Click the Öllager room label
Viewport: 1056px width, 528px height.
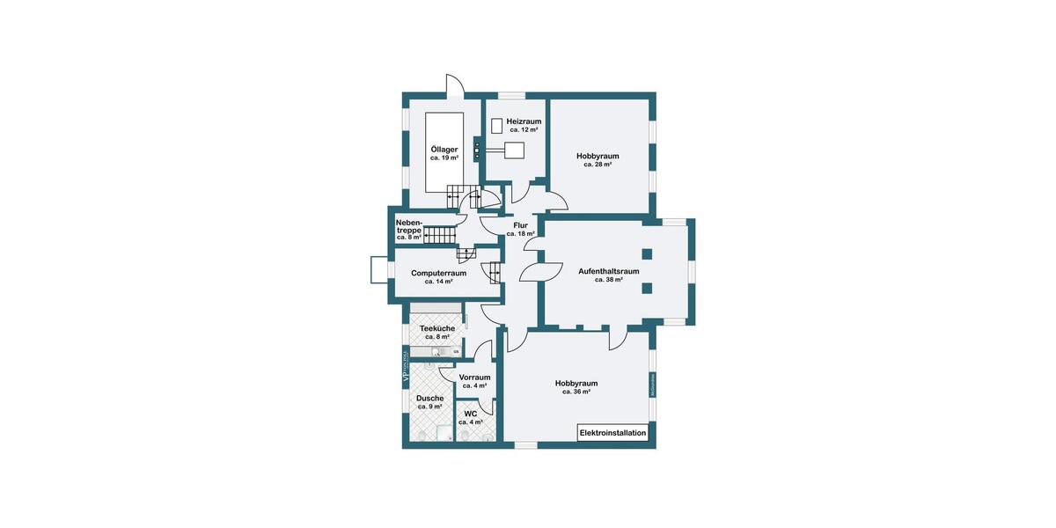pos(444,150)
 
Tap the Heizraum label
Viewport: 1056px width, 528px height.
pos(524,121)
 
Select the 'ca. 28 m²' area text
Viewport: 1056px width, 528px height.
pos(598,165)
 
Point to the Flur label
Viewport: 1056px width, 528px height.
pos(520,226)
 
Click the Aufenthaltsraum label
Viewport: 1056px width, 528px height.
pos(608,271)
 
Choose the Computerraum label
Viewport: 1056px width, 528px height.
pos(438,273)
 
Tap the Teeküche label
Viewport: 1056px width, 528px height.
pos(437,328)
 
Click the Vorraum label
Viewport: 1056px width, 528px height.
pos(474,378)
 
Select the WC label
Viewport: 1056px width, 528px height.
pos(471,414)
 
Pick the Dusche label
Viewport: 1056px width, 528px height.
pos(430,398)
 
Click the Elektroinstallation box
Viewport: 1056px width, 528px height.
pos(613,433)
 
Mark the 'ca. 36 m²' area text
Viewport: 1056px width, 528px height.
pos(576,392)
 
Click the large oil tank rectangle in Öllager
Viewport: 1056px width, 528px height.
pos(445,152)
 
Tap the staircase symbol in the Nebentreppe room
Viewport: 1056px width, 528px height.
pos(441,235)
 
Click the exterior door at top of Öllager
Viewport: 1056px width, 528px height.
pos(457,86)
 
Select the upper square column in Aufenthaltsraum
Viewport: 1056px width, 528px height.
pos(647,254)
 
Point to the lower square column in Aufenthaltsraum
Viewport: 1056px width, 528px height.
pos(647,288)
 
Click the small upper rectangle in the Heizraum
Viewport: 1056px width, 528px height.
pos(496,126)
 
